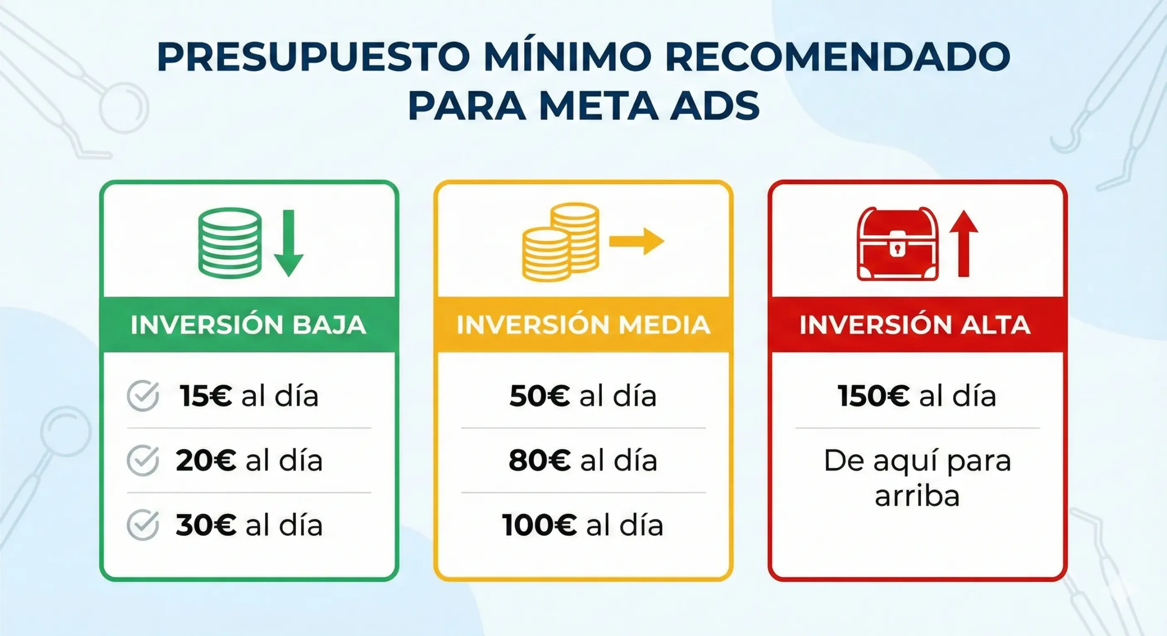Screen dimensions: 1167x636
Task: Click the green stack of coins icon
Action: [x=230, y=243]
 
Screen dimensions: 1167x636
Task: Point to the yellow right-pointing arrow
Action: [x=637, y=241]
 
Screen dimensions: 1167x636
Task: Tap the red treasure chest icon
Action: [x=898, y=244]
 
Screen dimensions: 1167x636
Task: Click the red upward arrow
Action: [x=963, y=243]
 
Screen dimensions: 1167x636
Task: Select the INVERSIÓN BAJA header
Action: [x=249, y=325]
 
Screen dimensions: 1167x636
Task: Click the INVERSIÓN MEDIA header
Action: [x=583, y=325]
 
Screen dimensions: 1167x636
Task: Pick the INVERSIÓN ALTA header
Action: [x=915, y=325]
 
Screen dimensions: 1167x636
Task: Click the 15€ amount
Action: [x=206, y=395]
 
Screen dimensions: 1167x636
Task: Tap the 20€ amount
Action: [x=206, y=461]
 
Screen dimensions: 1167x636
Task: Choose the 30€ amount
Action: [x=206, y=525]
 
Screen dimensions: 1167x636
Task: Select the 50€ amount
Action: [x=540, y=395]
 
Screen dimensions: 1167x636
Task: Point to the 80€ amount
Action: [x=540, y=461]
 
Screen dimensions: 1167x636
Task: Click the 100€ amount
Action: [x=540, y=525]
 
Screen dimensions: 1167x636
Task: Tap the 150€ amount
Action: [x=874, y=395]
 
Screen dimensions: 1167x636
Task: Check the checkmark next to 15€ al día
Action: [x=143, y=395]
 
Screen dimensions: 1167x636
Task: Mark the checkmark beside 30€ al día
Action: [x=143, y=525]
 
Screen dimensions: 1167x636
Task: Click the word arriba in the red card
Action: [x=917, y=496]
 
